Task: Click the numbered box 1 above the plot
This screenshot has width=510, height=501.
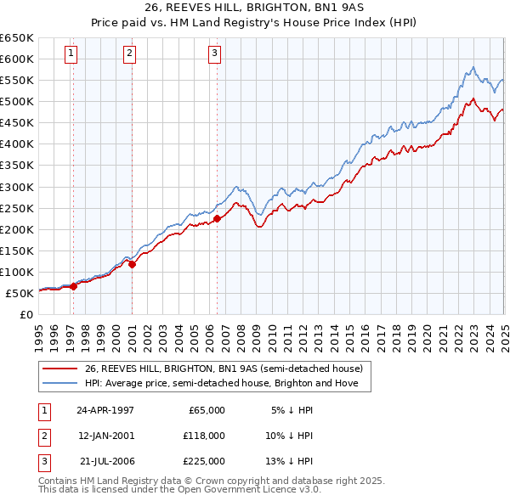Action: [x=71, y=53]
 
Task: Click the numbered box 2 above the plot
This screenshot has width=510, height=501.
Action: [x=129, y=53]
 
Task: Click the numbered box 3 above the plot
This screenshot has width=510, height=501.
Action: [x=214, y=53]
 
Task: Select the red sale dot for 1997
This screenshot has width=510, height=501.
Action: [x=74, y=286]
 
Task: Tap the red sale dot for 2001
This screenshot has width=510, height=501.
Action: [x=133, y=264]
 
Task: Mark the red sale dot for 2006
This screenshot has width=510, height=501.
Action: [x=218, y=218]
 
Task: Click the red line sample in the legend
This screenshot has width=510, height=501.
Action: [x=61, y=369]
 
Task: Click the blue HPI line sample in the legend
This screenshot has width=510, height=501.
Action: [x=61, y=383]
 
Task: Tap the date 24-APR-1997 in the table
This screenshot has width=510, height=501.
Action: [x=105, y=410]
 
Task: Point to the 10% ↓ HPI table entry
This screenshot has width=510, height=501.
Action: [x=290, y=436]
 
